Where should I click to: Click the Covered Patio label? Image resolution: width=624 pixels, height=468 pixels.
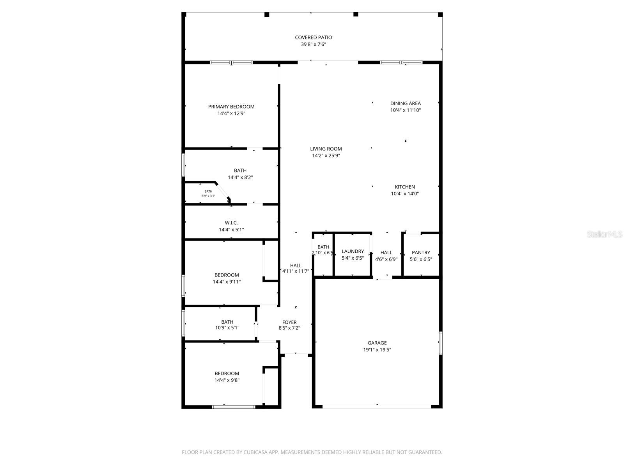pyautogui.click(x=313, y=37)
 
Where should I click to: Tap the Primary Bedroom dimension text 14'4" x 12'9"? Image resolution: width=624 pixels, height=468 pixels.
pyautogui.click(x=231, y=113)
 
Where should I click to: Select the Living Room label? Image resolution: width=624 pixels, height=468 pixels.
pyautogui.click(x=326, y=149)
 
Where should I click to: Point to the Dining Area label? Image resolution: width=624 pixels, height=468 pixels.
pyautogui.click(x=405, y=103)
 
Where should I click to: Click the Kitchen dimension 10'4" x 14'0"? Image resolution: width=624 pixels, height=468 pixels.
pyautogui.click(x=405, y=193)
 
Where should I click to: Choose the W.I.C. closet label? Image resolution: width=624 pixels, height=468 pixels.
pyautogui.click(x=231, y=223)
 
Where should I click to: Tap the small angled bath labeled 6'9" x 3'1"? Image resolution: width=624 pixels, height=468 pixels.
pyautogui.click(x=208, y=193)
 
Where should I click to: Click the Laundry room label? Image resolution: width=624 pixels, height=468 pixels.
pyautogui.click(x=353, y=252)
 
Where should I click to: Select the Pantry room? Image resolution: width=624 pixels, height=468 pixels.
pyautogui.click(x=421, y=255)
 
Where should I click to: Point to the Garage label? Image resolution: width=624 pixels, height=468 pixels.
pyautogui.click(x=377, y=343)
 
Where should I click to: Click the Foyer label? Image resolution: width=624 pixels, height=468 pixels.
pyautogui.click(x=289, y=322)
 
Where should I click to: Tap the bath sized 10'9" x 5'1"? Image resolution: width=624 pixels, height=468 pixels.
pyautogui.click(x=227, y=325)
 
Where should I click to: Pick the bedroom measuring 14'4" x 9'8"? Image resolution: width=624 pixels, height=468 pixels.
pyautogui.click(x=227, y=377)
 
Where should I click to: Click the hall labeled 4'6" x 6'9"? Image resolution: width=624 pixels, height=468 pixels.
pyautogui.click(x=386, y=256)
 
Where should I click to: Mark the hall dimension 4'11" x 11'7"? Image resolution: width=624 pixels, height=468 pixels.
pyautogui.click(x=296, y=271)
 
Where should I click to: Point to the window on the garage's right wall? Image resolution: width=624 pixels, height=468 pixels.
pyautogui.click(x=441, y=343)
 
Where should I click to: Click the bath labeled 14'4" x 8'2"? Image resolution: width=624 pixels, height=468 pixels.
pyautogui.click(x=240, y=174)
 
